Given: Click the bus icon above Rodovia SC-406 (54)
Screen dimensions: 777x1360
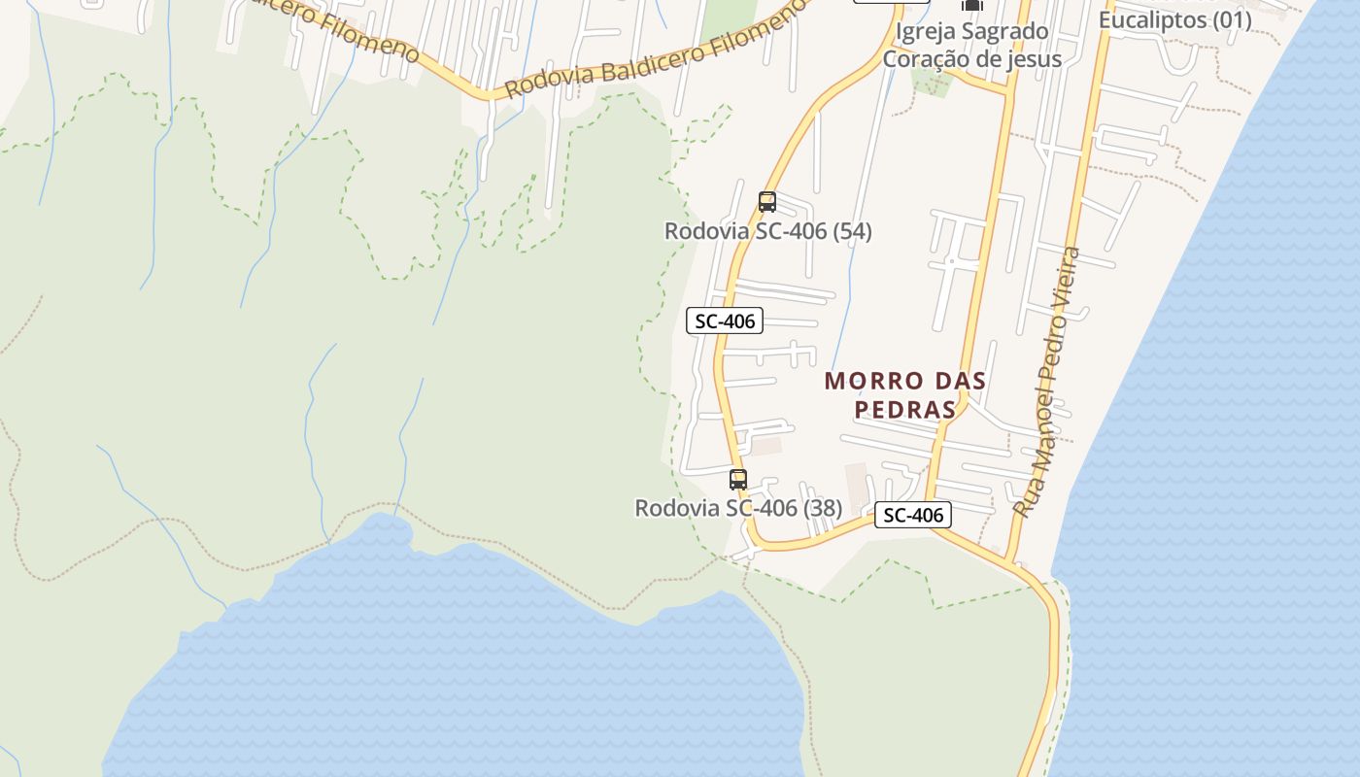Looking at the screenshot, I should pyautogui.click(x=767, y=202).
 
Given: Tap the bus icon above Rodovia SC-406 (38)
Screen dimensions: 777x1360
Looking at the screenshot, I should pyautogui.click(x=738, y=479).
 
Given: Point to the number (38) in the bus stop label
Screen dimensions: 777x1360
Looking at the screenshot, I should pyautogui.click(x=823, y=508).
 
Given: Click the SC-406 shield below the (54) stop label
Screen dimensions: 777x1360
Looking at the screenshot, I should pyautogui.click(x=725, y=321).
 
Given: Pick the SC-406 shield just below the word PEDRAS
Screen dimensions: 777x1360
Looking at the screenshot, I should pyautogui.click(x=913, y=515).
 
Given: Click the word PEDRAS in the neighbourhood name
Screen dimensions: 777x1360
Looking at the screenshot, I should pyautogui.click(x=905, y=410).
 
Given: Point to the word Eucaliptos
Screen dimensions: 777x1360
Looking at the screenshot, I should pyautogui.click(x=1153, y=19).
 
